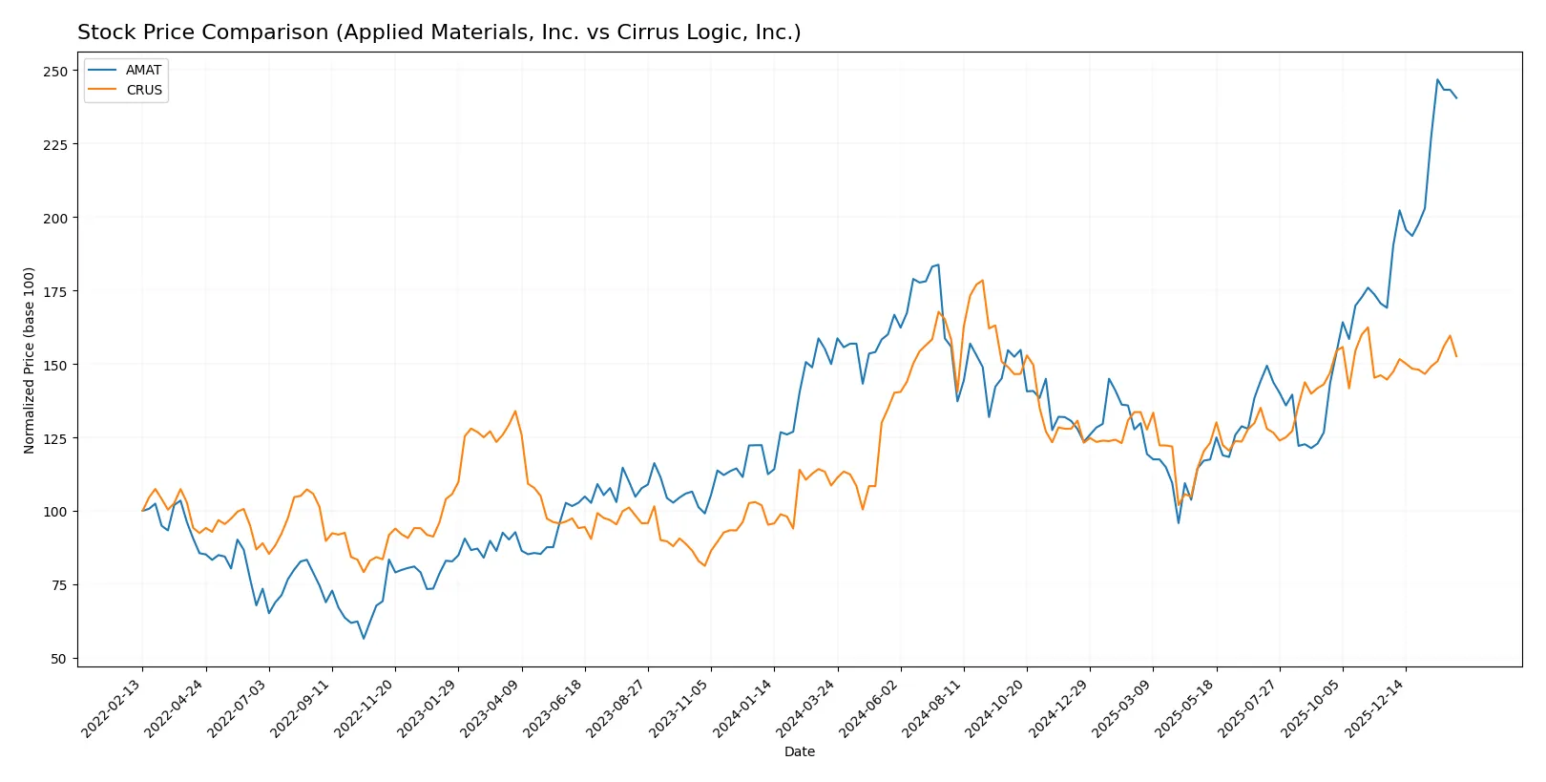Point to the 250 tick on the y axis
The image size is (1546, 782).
click(55, 72)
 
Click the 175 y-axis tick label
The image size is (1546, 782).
click(55, 291)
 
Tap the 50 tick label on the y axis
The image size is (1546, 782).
click(59, 659)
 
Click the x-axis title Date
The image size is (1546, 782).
click(799, 752)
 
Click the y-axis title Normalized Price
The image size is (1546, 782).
click(30, 360)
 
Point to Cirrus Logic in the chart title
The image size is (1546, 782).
click(670, 32)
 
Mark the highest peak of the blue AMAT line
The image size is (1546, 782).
click(1437, 79)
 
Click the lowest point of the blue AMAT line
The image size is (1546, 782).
click(364, 639)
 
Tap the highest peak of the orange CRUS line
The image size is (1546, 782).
click(982, 281)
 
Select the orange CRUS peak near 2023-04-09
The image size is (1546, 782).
click(515, 412)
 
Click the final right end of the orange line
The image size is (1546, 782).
click(1456, 356)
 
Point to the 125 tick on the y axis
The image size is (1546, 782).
click(55, 438)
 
